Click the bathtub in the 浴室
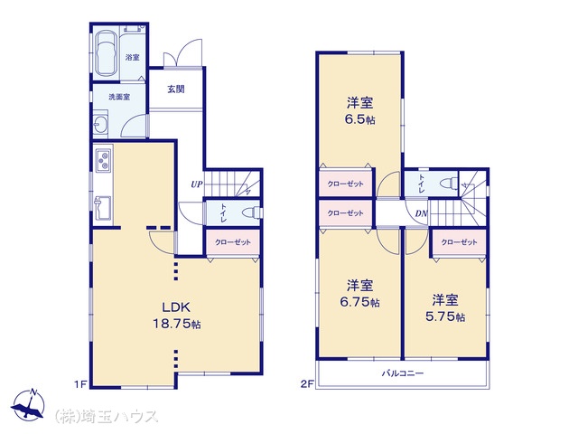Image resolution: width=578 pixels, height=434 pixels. coord(107,53)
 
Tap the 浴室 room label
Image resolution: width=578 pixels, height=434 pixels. coord(133,58)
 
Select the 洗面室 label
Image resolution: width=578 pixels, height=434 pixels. coord(119,97)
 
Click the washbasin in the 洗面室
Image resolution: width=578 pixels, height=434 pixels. coord(100,124)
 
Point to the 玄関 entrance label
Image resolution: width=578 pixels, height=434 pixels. coord(176,89)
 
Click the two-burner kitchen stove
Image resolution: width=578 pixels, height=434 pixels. coord(104,159)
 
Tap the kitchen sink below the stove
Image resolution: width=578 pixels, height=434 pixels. coord(103,208)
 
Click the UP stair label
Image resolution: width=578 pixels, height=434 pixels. coord(197,184)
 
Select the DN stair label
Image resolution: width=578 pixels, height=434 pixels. coord(422,213)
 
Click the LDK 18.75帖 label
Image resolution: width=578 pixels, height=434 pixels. coord(177,316)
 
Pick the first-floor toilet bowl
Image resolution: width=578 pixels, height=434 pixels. coord(253,213)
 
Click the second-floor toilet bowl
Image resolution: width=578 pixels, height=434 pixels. coord(451,183)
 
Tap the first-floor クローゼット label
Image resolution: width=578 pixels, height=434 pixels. coord(233,242)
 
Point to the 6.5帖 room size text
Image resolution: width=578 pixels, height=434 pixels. coord(360,119)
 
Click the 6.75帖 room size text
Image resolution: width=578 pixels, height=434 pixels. coord(359,302)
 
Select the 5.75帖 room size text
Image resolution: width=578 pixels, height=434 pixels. coord(445,316)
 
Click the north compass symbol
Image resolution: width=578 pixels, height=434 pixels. coord(28,405)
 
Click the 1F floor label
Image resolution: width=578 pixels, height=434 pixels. coord(80,384)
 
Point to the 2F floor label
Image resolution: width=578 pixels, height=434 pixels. coord(307,384)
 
